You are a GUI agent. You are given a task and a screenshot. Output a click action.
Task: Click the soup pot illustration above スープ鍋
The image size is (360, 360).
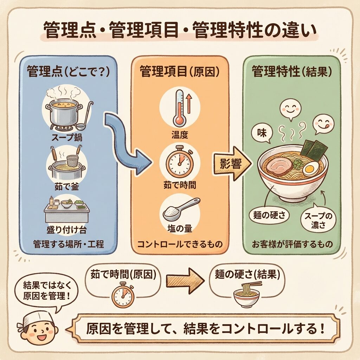click(64, 113)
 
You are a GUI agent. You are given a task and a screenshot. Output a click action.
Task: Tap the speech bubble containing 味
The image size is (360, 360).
click(262, 134)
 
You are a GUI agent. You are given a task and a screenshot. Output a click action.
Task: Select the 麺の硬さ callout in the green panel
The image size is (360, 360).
click(269, 216)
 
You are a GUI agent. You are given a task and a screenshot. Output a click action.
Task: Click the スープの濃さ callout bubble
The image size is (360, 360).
click(318, 220)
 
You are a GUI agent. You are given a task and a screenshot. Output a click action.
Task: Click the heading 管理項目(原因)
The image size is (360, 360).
click(180, 72)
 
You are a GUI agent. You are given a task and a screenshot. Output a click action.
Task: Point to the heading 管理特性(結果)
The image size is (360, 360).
click(292, 71)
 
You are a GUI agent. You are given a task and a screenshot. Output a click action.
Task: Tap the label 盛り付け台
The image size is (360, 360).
click(66, 230)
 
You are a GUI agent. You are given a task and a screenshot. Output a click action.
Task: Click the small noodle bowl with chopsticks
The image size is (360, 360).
click(247, 294)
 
